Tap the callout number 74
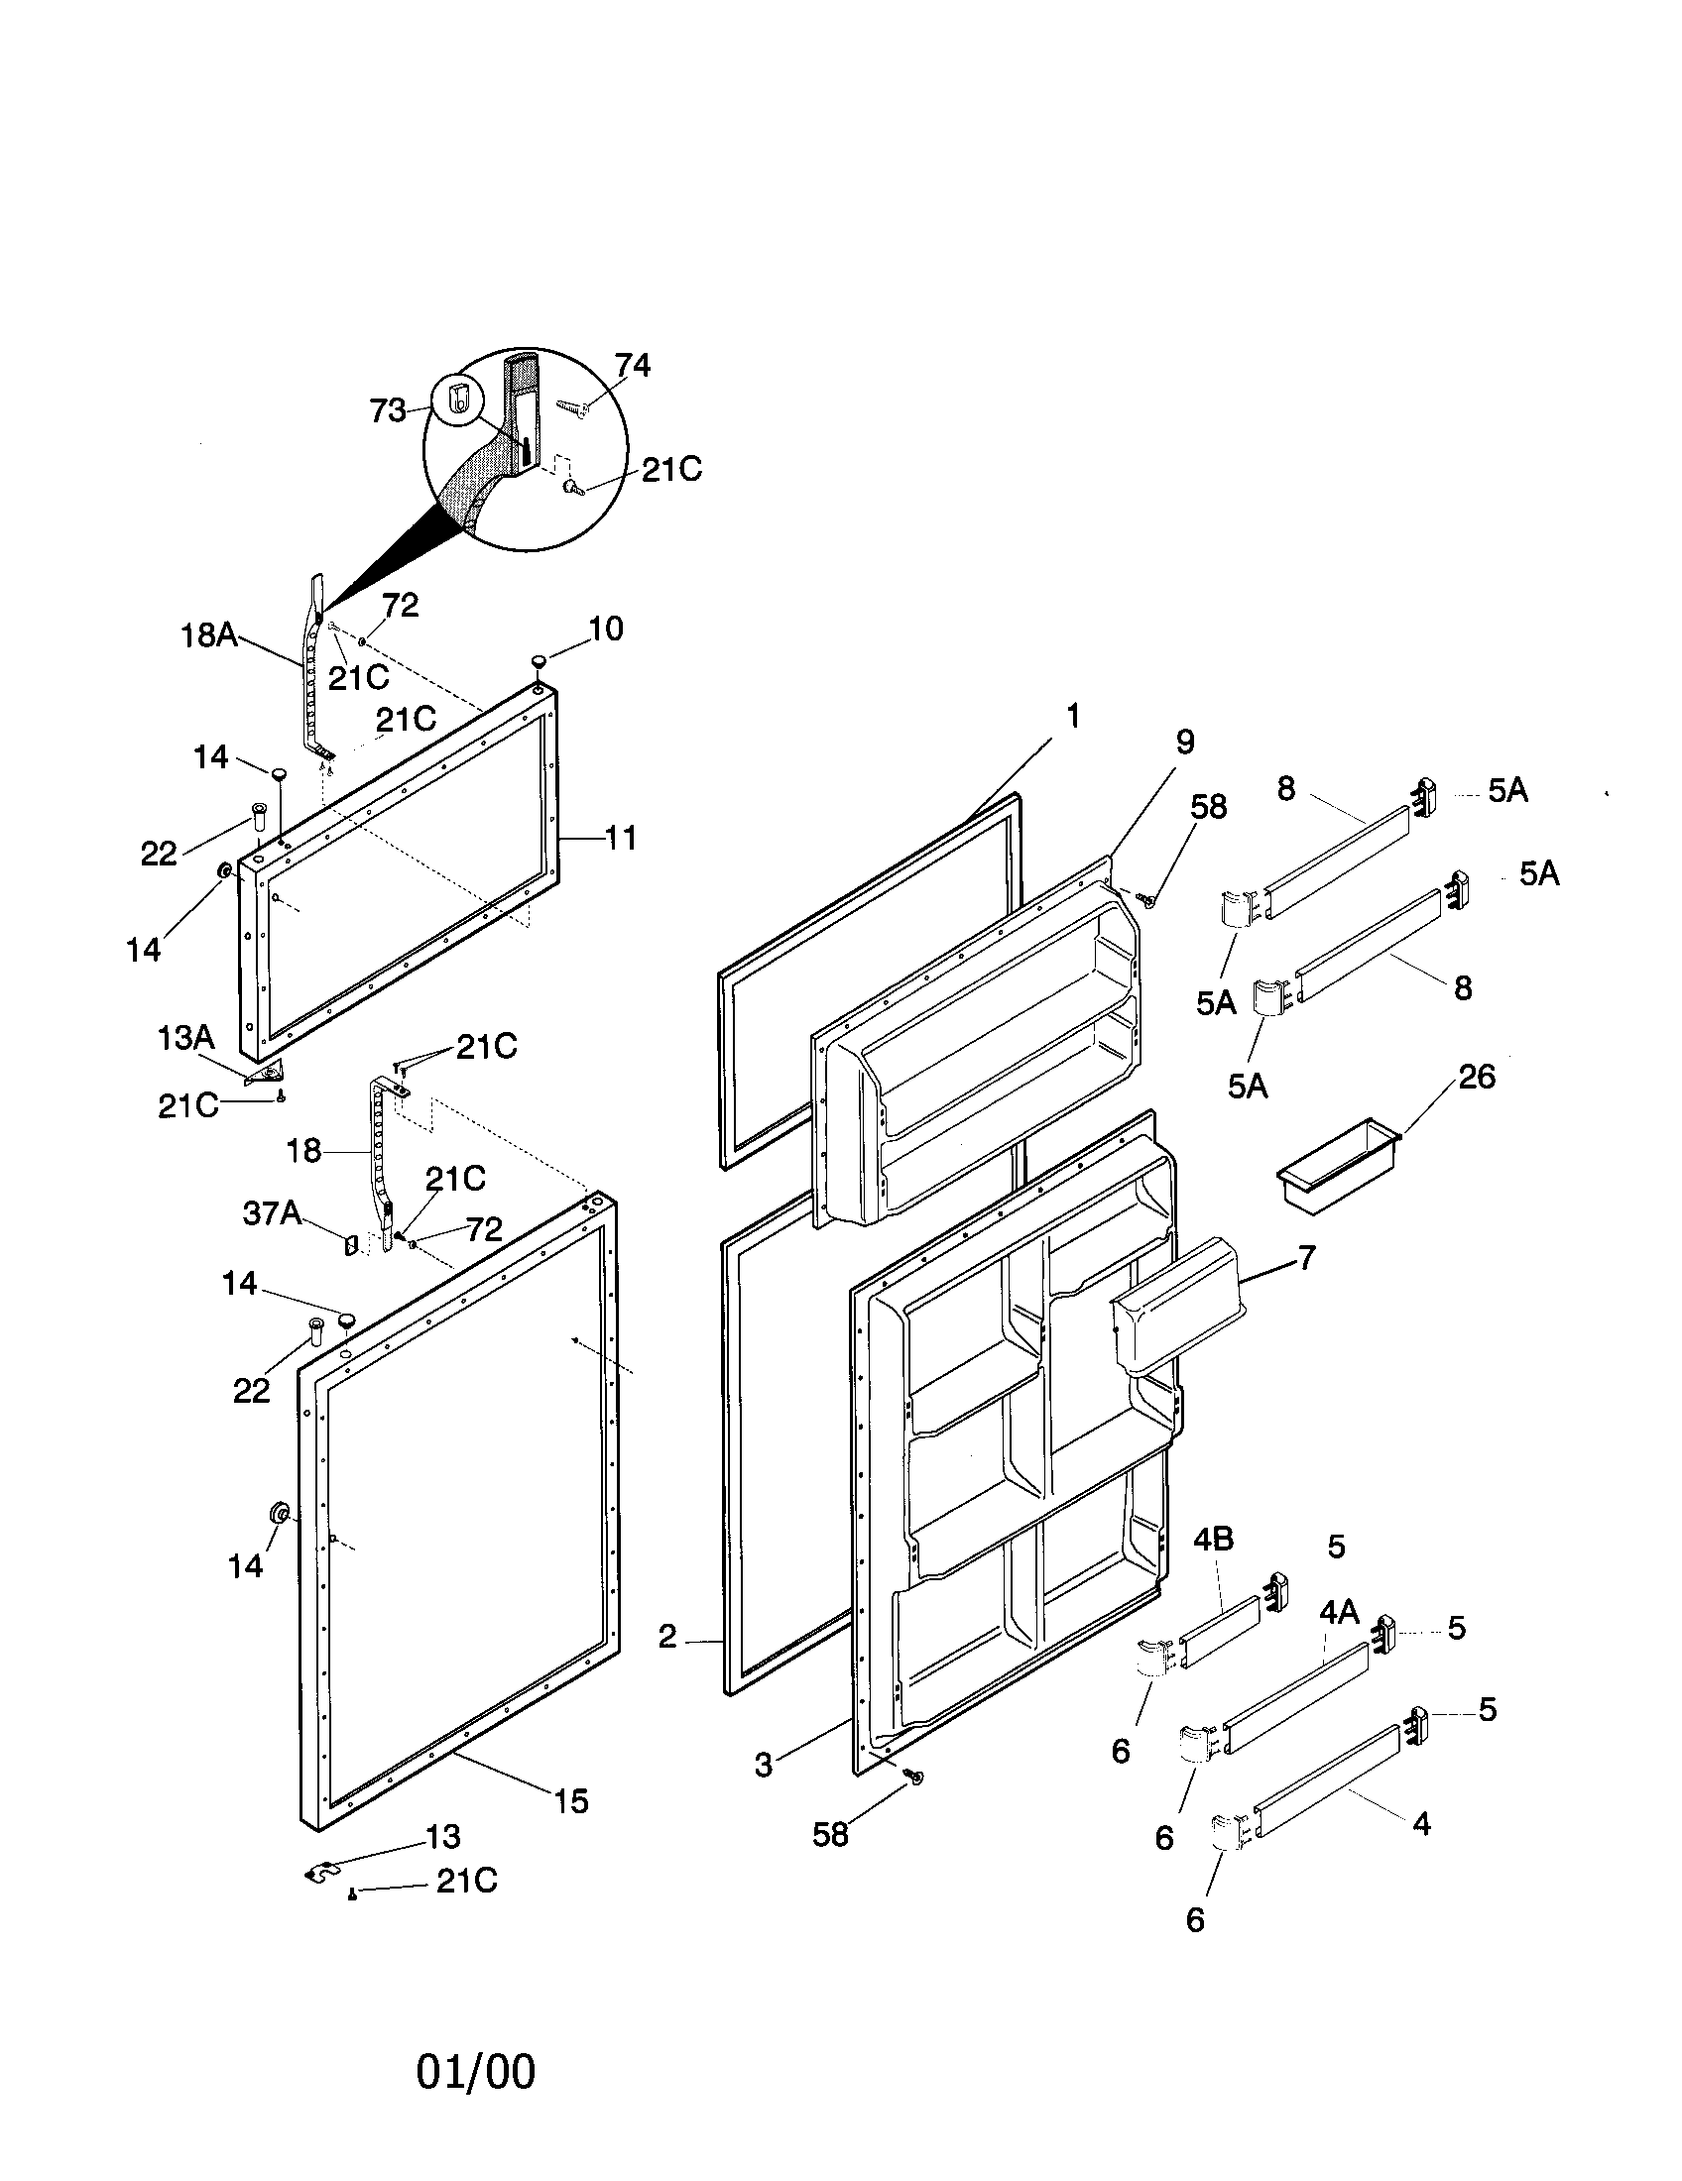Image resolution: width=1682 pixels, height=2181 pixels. click(632, 367)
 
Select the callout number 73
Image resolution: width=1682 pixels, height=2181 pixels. click(388, 410)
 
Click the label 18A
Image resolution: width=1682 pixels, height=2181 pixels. click(208, 635)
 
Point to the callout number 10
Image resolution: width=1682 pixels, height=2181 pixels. click(605, 629)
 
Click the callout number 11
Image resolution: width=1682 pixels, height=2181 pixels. click(620, 838)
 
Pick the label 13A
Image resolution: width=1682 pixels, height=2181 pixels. click(185, 1038)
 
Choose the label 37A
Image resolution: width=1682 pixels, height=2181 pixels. click(272, 1213)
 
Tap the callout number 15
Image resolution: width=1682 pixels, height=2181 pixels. click(571, 1801)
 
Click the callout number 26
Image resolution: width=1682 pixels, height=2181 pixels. click(1477, 1077)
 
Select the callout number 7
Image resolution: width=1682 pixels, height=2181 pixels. click(1307, 1257)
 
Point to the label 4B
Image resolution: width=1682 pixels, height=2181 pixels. click(1213, 1540)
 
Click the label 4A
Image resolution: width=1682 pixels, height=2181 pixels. click(1339, 1612)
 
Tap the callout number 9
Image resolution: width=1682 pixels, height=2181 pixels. click(1184, 742)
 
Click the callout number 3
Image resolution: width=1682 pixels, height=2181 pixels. click(763, 1766)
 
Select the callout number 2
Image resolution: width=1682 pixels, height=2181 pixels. click(667, 1636)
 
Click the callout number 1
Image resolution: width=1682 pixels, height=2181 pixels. click(1072, 716)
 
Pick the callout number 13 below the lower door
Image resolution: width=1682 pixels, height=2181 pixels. click(442, 1836)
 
